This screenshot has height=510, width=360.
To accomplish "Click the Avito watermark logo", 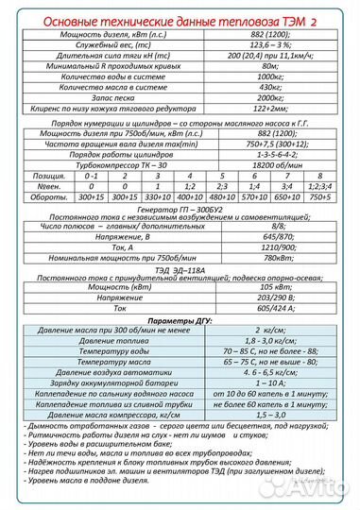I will click(x=319, y=490).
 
